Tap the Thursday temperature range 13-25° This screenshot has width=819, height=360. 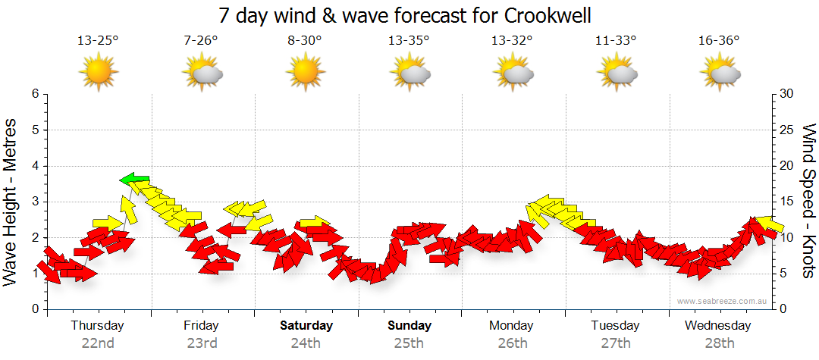point(98,40)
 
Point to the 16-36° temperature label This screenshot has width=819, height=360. point(718,40)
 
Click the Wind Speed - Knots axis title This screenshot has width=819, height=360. point(808,201)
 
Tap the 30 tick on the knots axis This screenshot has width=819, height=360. point(787,94)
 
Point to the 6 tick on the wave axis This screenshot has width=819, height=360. point(35,94)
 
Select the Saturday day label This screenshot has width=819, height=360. point(306,326)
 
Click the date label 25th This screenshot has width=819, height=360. point(409,343)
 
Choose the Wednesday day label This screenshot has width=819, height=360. point(717,326)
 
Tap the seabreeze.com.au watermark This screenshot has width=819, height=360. point(723,301)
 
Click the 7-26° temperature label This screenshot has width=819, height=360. point(201,40)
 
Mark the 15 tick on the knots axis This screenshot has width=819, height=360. point(787,202)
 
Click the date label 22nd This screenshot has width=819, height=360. point(98,343)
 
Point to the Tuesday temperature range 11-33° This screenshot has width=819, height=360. point(615,40)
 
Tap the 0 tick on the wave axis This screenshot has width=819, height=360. point(35,309)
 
